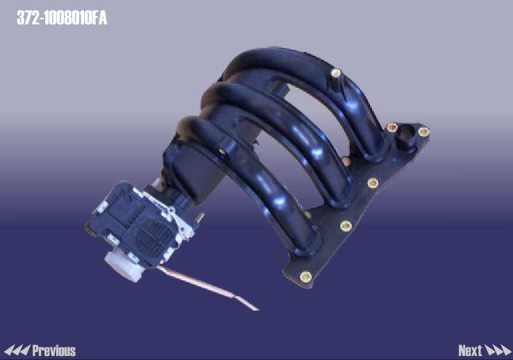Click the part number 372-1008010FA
62,18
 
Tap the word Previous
54,351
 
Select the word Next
470,351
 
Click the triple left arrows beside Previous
17,351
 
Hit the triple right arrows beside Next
498,351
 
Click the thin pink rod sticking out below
208,288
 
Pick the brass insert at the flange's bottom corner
306,277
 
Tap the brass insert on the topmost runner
336,73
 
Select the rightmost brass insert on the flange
424,131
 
